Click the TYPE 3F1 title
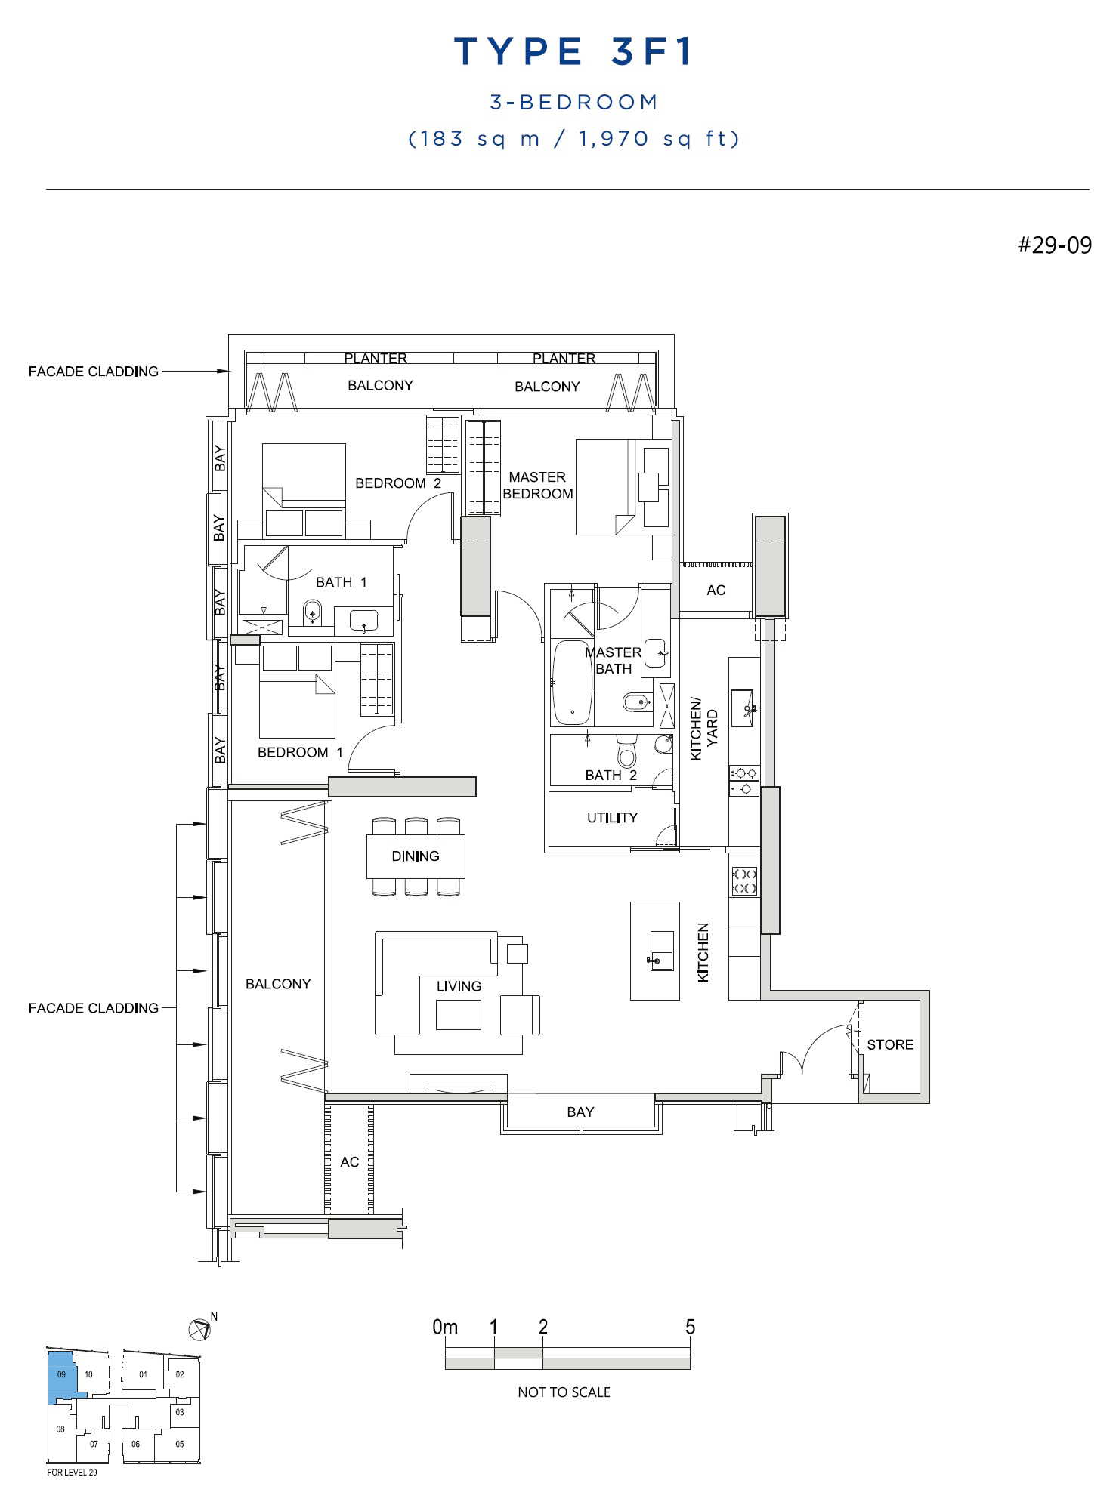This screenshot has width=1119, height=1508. tap(573, 51)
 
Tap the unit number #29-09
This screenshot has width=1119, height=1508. tap(1054, 245)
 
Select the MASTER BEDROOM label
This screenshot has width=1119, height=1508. tap(538, 486)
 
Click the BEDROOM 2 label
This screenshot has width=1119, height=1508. tap(398, 483)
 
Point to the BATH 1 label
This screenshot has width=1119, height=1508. tap(342, 582)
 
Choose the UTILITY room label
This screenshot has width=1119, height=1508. tap(612, 818)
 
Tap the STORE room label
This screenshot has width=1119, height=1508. tap(890, 1045)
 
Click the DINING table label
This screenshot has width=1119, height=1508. tap(416, 856)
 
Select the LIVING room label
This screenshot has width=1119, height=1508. tap(459, 986)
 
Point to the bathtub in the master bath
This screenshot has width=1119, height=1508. tap(573, 683)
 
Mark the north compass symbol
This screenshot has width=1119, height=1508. tap(200, 1330)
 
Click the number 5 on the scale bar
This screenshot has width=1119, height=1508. tap(690, 1327)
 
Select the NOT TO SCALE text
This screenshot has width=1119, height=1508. tap(564, 1392)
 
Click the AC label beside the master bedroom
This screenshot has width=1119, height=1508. tap(716, 591)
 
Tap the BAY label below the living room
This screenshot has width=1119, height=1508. tap(580, 1112)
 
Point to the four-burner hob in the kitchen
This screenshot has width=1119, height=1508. tap(744, 881)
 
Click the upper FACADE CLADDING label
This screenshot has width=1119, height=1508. tap(94, 372)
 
